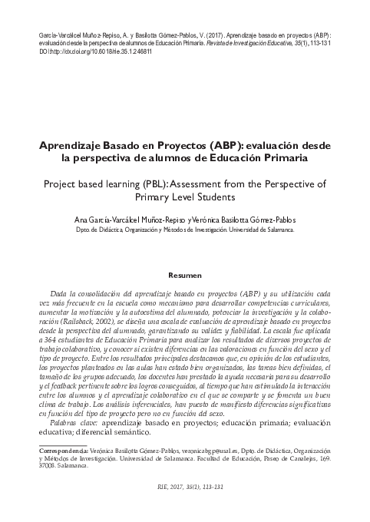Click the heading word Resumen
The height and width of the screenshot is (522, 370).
click(184, 274)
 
